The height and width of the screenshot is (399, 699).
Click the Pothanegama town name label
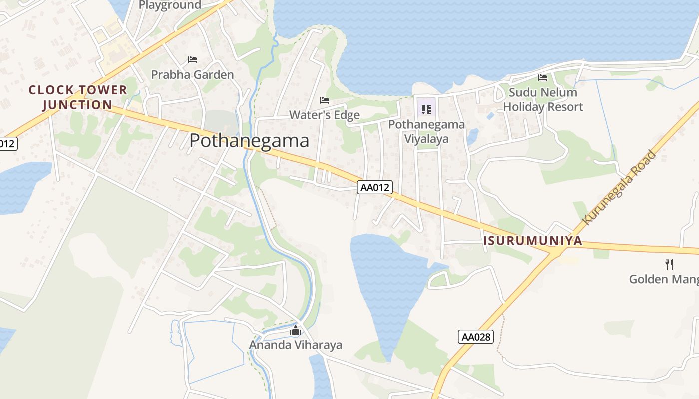(x=249, y=141)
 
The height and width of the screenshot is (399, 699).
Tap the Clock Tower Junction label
(x=77, y=97)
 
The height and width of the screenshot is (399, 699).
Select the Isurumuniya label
(x=533, y=241)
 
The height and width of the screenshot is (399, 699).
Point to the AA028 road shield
(x=476, y=337)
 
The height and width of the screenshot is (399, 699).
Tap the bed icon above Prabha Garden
(x=193, y=60)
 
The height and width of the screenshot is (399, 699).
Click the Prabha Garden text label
(x=192, y=75)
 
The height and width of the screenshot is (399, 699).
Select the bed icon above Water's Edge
(x=325, y=100)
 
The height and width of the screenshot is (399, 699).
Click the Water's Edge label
(x=325, y=115)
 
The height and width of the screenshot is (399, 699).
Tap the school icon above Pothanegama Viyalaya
(x=426, y=109)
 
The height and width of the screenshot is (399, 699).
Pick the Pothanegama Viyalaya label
(x=426, y=131)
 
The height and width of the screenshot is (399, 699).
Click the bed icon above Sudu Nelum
(x=543, y=78)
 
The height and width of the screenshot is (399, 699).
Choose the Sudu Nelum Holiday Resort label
(x=543, y=99)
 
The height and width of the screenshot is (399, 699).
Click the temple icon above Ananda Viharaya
(x=296, y=330)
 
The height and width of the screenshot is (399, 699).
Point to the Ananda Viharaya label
(x=296, y=345)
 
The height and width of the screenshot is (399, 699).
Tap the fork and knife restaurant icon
(x=669, y=264)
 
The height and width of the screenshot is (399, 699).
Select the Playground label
(x=170, y=5)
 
